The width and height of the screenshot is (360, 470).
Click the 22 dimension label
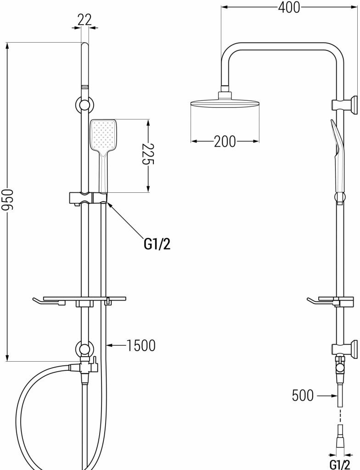click(x=84, y=19)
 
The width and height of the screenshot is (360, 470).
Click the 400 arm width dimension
click(x=289, y=7)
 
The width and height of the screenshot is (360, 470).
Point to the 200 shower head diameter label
click(x=225, y=141)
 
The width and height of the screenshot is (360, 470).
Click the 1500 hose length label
click(x=140, y=345)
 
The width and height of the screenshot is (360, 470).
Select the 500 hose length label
click(x=303, y=395)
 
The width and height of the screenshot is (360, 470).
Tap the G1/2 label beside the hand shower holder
click(x=157, y=244)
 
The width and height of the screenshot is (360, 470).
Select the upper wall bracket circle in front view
click(x=84, y=105)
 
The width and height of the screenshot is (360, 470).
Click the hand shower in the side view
click(x=338, y=156)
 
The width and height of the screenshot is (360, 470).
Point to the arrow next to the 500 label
click(x=325, y=395)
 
